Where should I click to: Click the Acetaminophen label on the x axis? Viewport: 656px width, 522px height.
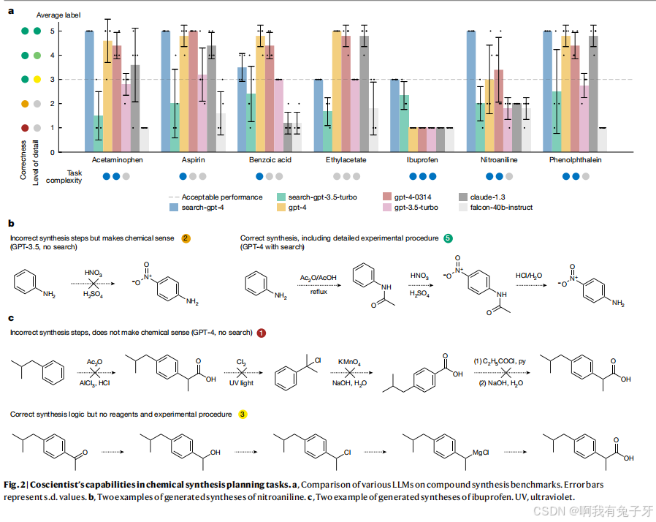click(x=117, y=159)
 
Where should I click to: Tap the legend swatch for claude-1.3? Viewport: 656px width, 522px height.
click(x=463, y=197)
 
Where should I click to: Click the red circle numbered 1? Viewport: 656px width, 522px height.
click(x=261, y=333)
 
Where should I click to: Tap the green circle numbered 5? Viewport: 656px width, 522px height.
click(x=449, y=238)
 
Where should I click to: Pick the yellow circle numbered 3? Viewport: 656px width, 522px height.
click(x=242, y=415)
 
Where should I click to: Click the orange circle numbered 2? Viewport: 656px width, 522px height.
click(x=186, y=238)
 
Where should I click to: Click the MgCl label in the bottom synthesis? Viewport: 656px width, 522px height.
click(x=480, y=453)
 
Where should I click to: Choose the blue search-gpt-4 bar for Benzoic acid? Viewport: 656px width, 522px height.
click(x=241, y=110)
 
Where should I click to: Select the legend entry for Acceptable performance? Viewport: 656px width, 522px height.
click(x=221, y=197)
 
